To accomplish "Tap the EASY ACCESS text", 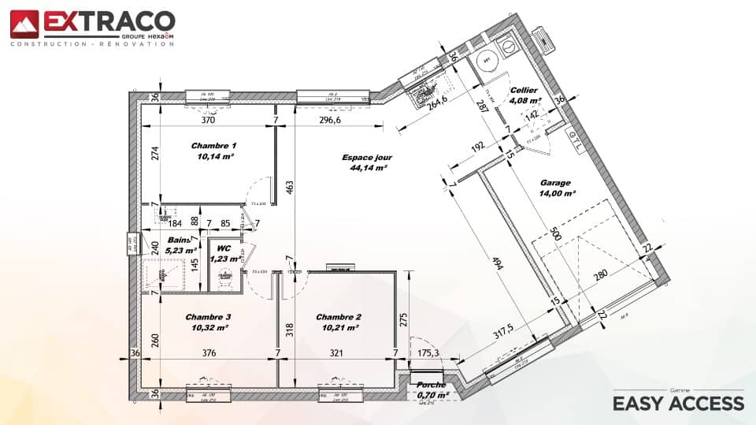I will [x=678, y=404].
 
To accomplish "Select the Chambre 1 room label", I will [x=213, y=146].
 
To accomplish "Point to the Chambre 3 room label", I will [x=209, y=317].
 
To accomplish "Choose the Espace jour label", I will [x=366, y=158].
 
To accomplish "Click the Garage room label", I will [x=555, y=183].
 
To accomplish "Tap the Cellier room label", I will [x=524, y=91].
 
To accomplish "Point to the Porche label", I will [x=431, y=385].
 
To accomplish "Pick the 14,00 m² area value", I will [x=557, y=193].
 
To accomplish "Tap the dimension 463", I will [x=289, y=186].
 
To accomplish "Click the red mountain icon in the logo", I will [x=24, y=24].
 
